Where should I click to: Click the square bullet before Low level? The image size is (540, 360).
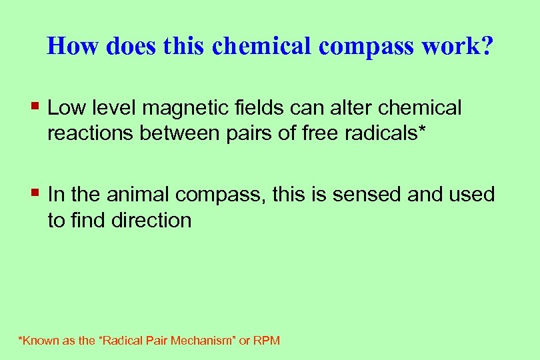36,106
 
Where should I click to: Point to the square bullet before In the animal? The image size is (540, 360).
36,193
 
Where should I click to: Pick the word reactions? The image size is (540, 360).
91,133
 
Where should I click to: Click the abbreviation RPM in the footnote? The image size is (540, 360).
267,341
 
